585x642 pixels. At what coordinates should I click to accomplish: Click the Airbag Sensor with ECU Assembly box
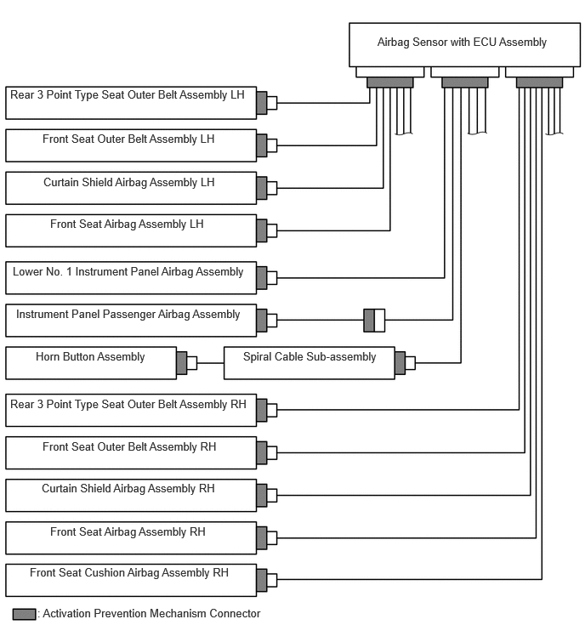[x=464, y=44]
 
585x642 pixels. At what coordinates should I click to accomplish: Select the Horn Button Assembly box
[x=91, y=363]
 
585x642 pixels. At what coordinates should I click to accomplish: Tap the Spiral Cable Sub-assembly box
[x=309, y=363]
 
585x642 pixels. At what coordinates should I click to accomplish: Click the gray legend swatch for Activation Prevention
[x=24, y=614]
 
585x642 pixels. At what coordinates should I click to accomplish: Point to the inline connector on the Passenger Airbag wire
[x=374, y=321]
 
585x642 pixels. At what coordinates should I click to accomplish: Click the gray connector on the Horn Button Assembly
[x=182, y=363]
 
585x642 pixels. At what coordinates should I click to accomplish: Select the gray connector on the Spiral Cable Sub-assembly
[x=400, y=363]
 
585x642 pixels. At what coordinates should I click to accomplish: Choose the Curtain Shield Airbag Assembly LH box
[x=131, y=188]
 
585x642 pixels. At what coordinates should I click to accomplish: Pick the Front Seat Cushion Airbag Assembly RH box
[x=131, y=580]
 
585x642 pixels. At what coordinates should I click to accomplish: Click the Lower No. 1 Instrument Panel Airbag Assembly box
[x=131, y=277]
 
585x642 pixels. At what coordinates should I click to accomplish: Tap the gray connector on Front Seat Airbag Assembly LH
[x=262, y=230]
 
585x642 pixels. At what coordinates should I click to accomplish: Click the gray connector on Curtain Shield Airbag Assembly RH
[x=262, y=496]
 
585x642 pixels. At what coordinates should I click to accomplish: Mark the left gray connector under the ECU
[x=389, y=82]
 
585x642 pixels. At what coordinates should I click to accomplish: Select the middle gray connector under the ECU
[x=464, y=82]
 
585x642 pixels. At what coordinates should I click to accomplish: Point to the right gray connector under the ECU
[x=539, y=82]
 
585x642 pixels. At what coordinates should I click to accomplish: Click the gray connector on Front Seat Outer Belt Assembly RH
[x=262, y=453]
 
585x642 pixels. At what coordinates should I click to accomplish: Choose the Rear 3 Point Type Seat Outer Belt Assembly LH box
[x=131, y=103]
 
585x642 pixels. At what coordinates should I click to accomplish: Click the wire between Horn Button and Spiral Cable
[x=210, y=363]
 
